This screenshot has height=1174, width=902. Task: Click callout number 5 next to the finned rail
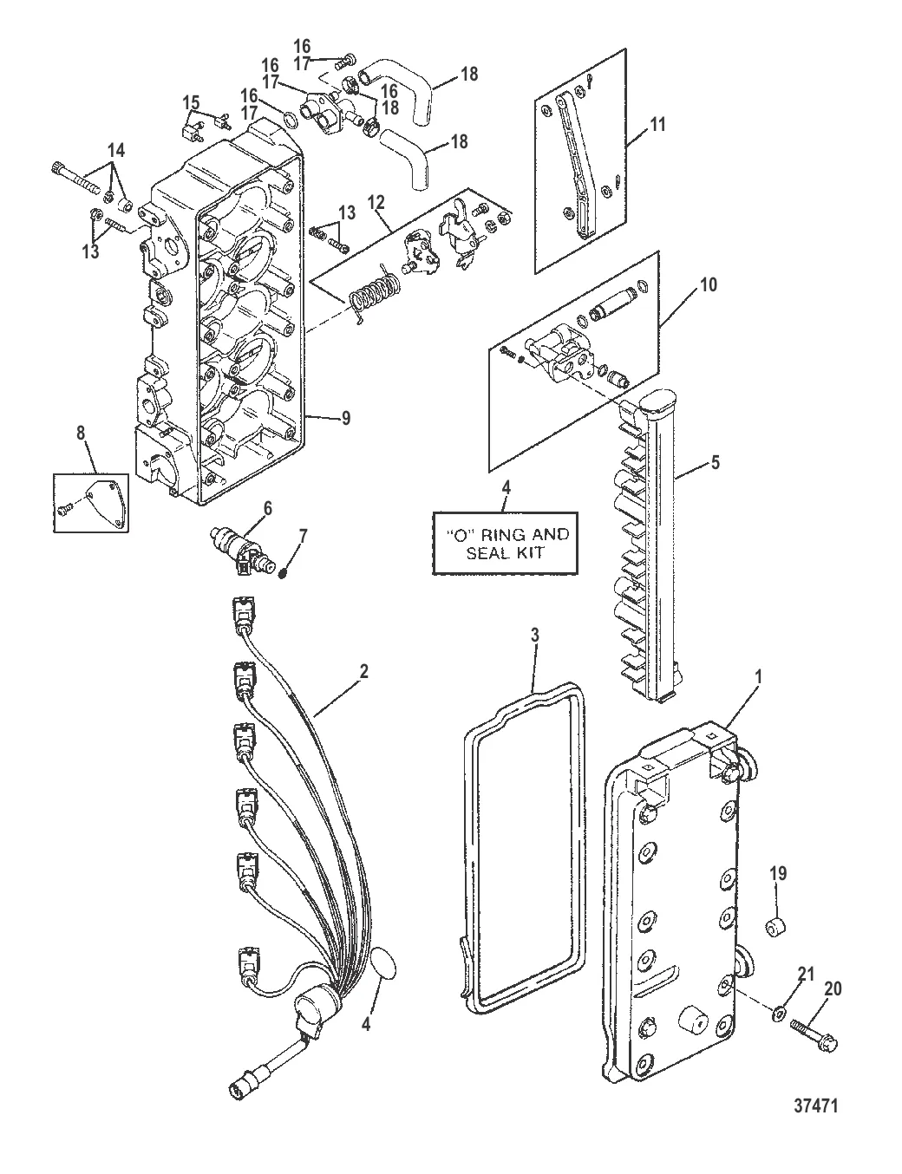pos(715,463)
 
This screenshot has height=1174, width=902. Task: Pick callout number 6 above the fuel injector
pos(268,508)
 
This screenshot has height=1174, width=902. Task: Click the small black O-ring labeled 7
pos(282,574)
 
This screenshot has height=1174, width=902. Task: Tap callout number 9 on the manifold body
pos(345,419)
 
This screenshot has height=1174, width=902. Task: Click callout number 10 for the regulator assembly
pos(709,285)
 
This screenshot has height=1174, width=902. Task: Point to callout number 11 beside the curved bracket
pos(657,125)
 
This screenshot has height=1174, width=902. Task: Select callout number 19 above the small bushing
pos(778,874)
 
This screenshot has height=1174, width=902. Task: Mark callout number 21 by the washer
pos(806,975)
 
